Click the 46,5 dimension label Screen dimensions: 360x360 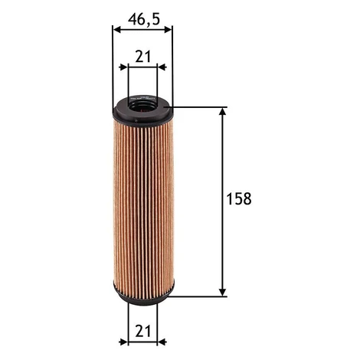[x=144, y=20]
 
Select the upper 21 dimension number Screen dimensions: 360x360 [x=143, y=57]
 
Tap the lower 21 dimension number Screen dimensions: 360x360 [x=143, y=331]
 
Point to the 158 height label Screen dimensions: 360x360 [x=239, y=199]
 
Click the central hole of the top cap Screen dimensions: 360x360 [x=142, y=106]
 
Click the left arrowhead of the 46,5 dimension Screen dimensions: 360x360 [x=117, y=30]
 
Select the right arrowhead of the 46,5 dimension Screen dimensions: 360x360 [x=168, y=30]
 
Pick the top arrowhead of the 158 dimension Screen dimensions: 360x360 [x=223, y=112]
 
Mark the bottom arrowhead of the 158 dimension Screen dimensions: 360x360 [x=223, y=293]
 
